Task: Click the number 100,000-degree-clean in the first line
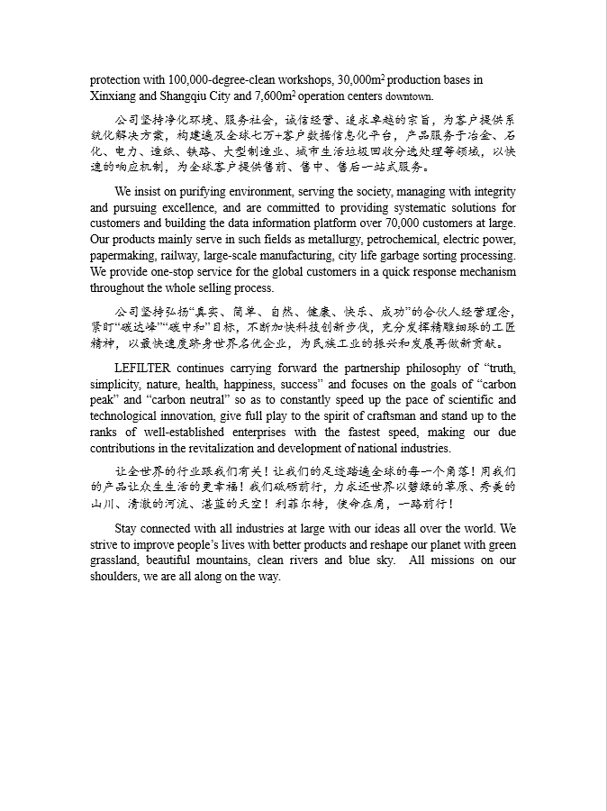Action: click(212, 80)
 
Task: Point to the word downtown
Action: click(410, 96)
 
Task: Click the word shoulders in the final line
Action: click(114, 577)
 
